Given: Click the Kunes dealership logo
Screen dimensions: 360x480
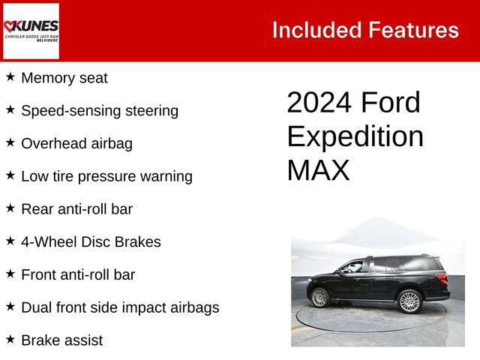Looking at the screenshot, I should point(31,31).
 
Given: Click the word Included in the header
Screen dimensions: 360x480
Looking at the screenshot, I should point(315,30).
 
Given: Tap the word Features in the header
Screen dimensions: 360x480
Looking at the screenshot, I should point(413,30).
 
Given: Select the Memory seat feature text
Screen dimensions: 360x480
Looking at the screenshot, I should point(64,78).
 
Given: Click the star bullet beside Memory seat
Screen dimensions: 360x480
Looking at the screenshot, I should point(10,76).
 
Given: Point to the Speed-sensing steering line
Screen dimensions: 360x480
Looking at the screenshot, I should point(100,111).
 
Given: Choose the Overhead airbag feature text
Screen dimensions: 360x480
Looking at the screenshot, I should point(76,144).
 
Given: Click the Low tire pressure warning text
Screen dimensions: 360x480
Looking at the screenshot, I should point(106,176).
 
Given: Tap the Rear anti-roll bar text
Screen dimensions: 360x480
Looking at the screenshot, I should point(76,209).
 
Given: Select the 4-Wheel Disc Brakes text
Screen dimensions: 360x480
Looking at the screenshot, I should point(91,242).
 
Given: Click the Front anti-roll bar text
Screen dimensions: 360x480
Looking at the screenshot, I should point(78,274).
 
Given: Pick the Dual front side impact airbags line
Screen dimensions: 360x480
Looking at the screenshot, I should point(120,307).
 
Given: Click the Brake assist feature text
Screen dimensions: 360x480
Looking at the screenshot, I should point(61,340).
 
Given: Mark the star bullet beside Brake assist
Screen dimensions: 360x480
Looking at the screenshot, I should point(10,339).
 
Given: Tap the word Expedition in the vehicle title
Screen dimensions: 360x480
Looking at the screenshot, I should point(355,136).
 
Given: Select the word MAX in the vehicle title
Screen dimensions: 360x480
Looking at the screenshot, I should point(318,170).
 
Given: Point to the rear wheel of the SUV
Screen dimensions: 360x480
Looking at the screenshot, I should point(409,301).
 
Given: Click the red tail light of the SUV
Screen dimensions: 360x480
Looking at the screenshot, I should point(442,278).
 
